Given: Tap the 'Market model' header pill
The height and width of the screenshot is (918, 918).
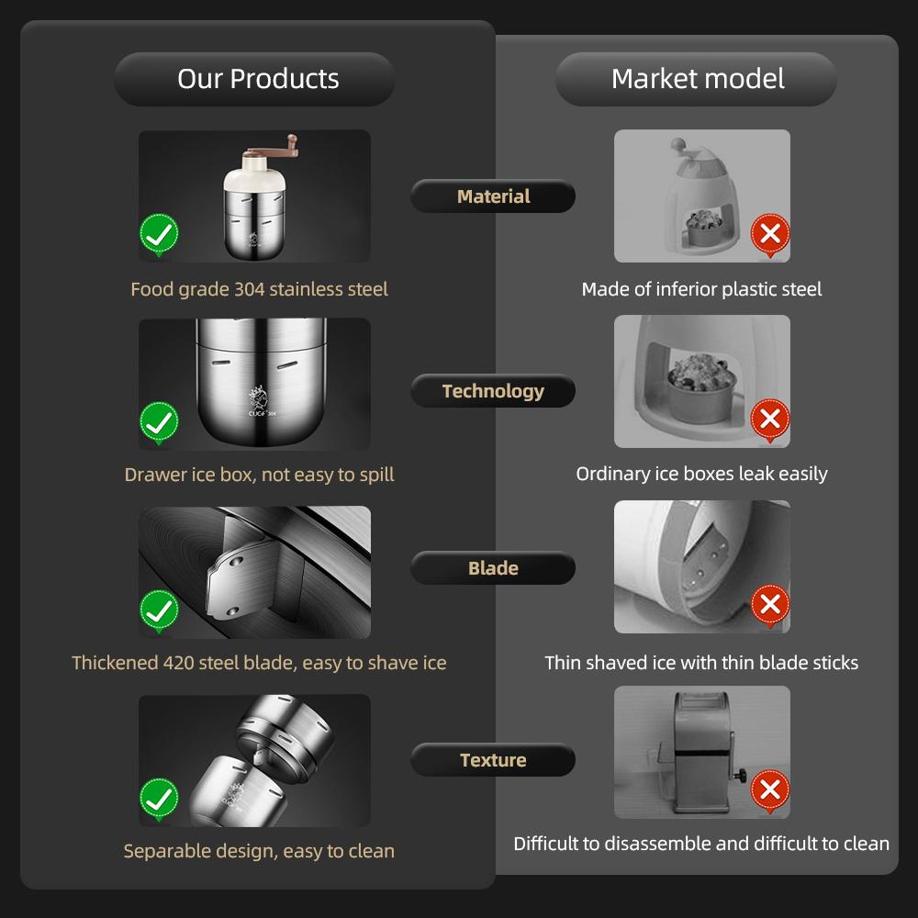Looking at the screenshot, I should coord(698,79).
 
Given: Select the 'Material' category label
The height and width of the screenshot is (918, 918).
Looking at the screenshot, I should coord(493,196).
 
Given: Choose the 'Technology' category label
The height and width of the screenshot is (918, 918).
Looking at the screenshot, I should coord(493,391).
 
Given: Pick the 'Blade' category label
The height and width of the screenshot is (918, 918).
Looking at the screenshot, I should coord(493,568).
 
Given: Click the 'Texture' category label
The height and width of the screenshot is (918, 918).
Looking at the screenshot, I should coord(493,760).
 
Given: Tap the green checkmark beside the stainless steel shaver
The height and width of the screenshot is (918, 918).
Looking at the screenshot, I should coord(159,235).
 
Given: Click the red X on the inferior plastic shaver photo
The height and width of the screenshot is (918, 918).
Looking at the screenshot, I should coord(770,234).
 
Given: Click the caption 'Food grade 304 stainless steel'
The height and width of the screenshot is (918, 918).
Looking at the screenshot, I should coord(259,289).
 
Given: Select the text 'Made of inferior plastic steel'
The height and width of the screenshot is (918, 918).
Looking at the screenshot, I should coord(701,289).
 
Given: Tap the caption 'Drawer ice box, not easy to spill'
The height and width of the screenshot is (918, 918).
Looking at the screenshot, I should coord(259,475).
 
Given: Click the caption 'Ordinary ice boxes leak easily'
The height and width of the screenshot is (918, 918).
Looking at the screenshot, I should coord(701,474).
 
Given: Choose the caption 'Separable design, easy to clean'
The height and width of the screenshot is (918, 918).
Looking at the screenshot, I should coord(259,851).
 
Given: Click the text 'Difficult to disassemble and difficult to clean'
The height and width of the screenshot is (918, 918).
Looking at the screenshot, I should coord(701,843).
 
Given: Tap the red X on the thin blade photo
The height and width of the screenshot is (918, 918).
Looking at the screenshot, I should coord(770,604).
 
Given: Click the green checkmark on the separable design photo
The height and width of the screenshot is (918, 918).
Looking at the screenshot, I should coord(159,798).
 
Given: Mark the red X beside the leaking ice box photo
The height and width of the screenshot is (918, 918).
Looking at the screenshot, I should coord(770,420).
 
